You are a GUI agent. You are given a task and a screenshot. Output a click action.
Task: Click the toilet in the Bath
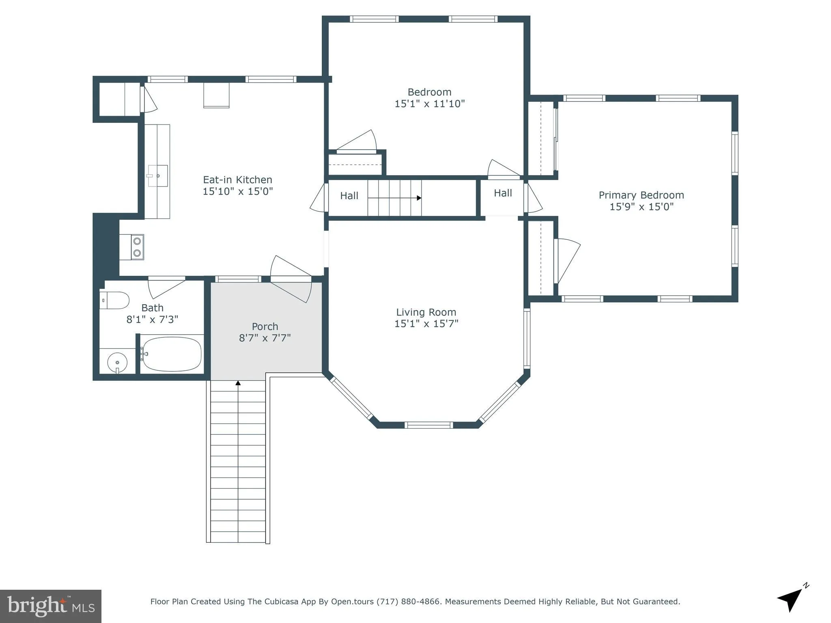pos(115,301)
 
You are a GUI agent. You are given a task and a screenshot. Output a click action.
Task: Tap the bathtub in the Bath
pos(172,354)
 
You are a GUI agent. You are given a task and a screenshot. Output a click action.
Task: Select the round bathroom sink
pos(117,362)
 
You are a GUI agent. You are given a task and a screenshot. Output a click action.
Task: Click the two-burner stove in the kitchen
pos(137,247)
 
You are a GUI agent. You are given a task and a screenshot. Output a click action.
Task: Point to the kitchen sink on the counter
pos(157,176)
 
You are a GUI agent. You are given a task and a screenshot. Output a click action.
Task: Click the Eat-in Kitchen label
pos(237,180)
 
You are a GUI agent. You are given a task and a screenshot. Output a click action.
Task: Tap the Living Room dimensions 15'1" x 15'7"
pos(426,324)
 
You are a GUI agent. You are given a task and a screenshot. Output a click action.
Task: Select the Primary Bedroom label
pos(641,195)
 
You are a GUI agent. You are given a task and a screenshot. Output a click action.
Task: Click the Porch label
pos(265,327)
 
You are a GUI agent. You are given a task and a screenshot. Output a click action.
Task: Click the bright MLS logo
pos(51,606)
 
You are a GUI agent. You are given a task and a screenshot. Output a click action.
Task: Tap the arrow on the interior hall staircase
pos(419,198)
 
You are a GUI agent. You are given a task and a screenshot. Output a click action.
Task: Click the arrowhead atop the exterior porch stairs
pos(238,383)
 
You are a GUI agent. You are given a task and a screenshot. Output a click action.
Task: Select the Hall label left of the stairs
pos(349,196)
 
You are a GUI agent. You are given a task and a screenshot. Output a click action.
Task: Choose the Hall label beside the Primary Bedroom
pos(503,193)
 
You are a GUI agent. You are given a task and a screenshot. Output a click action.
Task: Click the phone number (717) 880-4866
pos(408,602)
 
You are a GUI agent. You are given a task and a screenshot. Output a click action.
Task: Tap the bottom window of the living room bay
pos(428,425)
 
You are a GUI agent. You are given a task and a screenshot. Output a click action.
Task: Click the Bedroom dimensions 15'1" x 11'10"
pos(429,104)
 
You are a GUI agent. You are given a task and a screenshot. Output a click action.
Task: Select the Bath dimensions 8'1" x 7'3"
pos(152,320)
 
